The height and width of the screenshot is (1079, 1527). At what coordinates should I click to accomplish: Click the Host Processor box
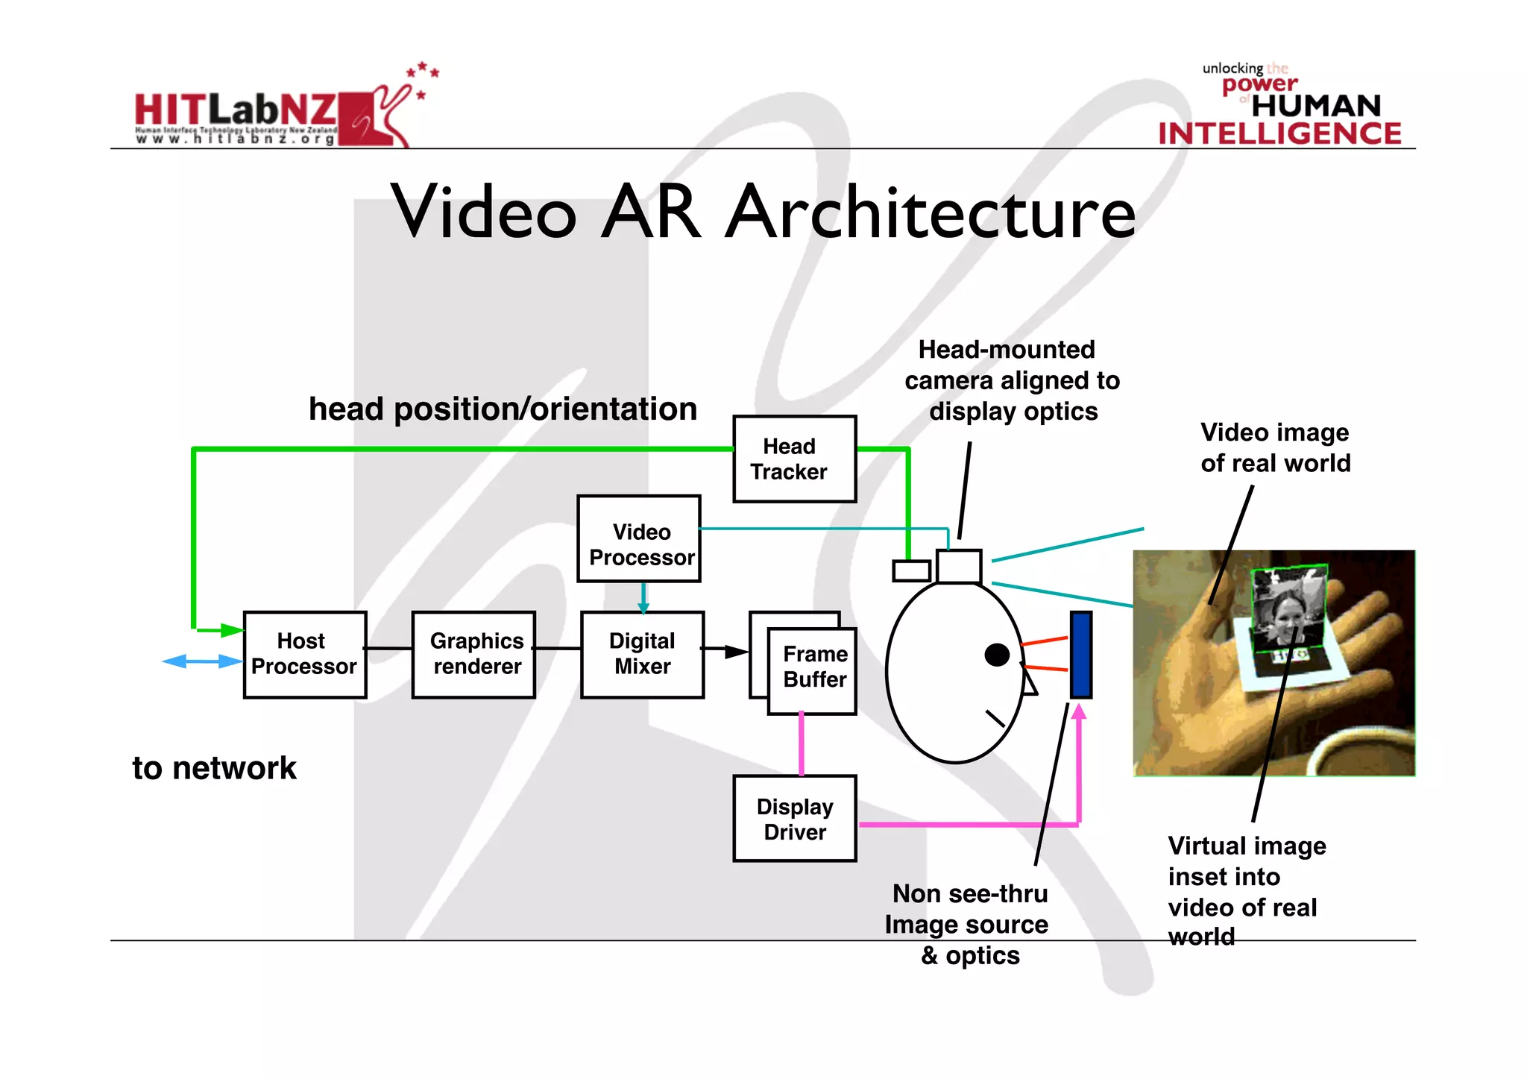(304, 654)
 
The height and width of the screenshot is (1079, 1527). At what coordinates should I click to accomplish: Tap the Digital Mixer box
(642, 654)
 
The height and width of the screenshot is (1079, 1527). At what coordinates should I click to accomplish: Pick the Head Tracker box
(794, 459)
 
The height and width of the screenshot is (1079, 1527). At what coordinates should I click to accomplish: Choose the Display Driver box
(794, 818)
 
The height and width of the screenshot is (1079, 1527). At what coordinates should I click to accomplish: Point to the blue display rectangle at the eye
(1080, 654)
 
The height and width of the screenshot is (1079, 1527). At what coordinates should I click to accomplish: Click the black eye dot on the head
(997, 655)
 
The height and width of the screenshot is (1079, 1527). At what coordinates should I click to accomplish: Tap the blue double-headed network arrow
(202, 661)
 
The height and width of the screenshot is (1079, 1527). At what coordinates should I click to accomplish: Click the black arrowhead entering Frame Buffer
(736, 652)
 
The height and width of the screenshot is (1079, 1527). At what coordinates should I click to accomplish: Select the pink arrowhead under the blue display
(1079, 712)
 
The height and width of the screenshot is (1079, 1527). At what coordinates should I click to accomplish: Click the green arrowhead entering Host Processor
(232, 631)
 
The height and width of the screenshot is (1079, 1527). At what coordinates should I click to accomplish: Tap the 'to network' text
(214, 768)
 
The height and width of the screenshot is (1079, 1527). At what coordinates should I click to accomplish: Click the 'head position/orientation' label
(503, 409)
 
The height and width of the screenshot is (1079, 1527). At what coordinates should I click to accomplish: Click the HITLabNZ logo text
(236, 110)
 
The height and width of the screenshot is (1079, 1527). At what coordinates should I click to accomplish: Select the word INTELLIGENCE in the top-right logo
(1279, 134)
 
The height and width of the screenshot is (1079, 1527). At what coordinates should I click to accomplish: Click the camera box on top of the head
(958, 566)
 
